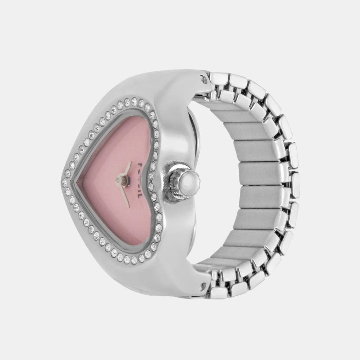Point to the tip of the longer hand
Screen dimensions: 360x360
point(128,206)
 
